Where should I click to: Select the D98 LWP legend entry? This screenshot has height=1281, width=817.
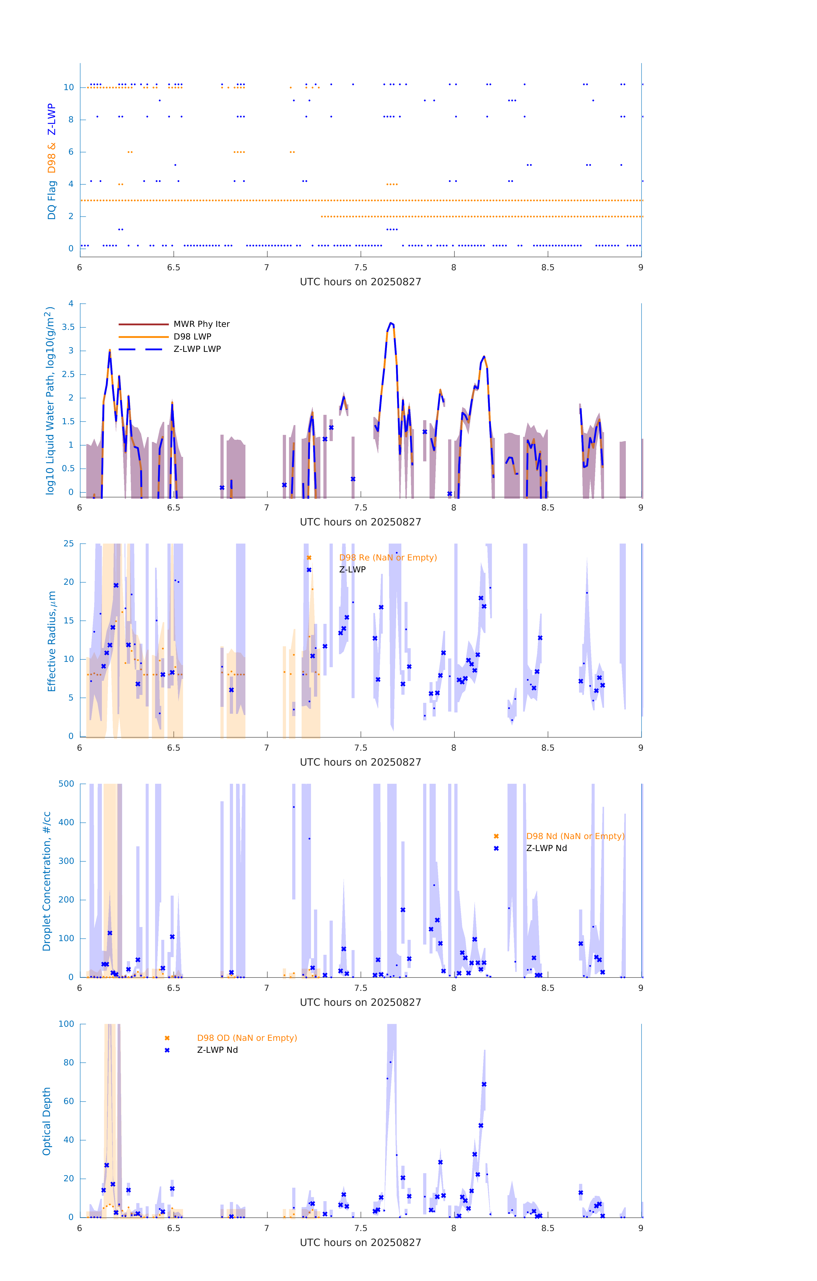[192, 337]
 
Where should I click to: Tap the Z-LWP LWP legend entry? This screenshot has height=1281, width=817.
[197, 349]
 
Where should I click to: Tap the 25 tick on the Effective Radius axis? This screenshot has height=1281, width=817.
[69, 544]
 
